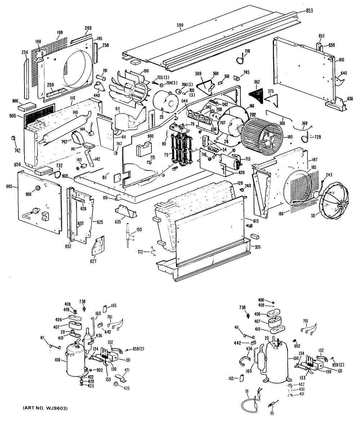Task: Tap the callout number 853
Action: pyautogui.click(x=309, y=10)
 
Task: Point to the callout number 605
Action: pyautogui.click(x=9, y=186)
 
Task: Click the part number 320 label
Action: pyautogui.click(x=256, y=247)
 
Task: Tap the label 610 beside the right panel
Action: pyautogui.click(x=341, y=60)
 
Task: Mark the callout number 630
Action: pyautogui.click(x=350, y=98)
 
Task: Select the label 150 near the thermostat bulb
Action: pyautogui.click(x=139, y=229)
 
